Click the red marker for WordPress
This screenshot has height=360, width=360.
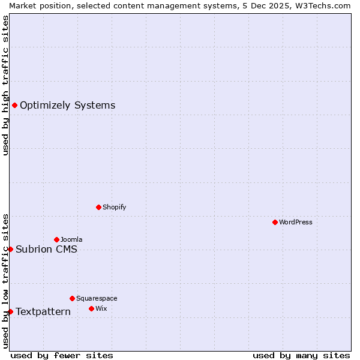coord(275,222)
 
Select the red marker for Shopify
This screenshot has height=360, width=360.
coord(98,207)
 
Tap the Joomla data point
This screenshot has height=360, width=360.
coord(56,239)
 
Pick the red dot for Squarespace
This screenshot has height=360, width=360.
coord(72,298)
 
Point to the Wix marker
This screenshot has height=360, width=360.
coord(91,308)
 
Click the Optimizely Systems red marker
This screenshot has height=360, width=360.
coord(14,106)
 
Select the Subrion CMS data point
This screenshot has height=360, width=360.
coord(10,249)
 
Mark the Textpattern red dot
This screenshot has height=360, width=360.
coord(10,311)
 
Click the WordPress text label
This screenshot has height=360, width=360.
coord(296,222)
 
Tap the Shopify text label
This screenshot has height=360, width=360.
coord(114,207)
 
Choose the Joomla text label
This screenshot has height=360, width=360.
coord(71,239)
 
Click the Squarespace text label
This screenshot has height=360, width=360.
coord(97,298)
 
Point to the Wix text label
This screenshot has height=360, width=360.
coord(101,308)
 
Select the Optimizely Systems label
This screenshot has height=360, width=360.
coord(67,106)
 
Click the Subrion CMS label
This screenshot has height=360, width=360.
coord(46,249)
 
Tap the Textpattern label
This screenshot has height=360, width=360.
coord(43,311)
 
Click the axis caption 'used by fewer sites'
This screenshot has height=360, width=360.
coord(62,355)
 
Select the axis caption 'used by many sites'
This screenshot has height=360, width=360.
coord(301,355)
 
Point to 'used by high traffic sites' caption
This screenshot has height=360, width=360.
coord(5,85)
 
